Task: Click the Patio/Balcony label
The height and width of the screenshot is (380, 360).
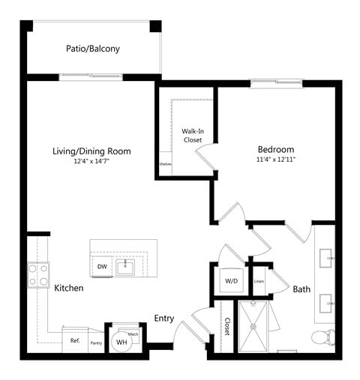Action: click(93, 49)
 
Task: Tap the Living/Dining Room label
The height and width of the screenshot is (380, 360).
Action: click(91, 151)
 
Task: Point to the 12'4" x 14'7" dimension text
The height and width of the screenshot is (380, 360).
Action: click(91, 161)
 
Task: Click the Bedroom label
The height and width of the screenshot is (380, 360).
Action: click(275, 148)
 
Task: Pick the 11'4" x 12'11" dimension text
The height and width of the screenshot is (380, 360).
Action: click(275, 159)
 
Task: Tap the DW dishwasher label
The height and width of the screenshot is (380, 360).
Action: click(102, 266)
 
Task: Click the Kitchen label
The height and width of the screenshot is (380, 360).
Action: click(68, 288)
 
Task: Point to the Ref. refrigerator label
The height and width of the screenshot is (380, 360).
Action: click(75, 341)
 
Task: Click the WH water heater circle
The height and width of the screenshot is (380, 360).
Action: click(120, 343)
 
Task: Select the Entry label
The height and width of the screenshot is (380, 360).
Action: click(164, 319)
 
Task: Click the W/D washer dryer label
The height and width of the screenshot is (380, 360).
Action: click(230, 282)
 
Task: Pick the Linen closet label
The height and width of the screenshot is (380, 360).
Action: click(259, 282)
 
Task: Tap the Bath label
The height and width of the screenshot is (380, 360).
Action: click(301, 289)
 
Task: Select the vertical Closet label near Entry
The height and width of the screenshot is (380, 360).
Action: click(226, 326)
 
